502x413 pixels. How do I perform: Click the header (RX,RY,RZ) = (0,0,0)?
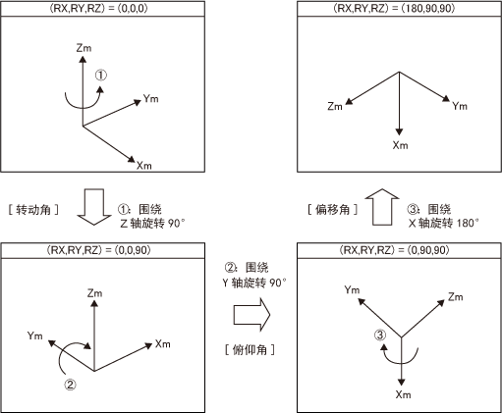click(98, 8)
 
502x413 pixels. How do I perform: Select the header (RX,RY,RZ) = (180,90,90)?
click(394, 8)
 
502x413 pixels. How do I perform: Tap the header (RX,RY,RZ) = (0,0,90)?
click(98, 250)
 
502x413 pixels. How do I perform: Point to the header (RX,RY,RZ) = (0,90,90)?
click(394, 250)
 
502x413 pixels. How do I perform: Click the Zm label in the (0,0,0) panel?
click(84, 48)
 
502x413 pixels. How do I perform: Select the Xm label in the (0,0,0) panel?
click(144, 166)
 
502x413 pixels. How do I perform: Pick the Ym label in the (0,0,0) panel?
click(151, 98)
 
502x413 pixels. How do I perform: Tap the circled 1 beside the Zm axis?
click(101, 76)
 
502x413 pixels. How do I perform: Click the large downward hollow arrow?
click(94, 207)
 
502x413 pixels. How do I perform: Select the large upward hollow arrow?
click(382, 207)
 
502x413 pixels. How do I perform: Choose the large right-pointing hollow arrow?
click(251, 315)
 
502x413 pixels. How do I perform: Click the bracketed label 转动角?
click(33, 210)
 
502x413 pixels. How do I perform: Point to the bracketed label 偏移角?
click(333, 210)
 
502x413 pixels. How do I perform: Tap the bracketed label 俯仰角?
click(250, 350)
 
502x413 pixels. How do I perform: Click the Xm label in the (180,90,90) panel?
click(401, 145)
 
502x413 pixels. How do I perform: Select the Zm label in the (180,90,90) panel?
click(335, 106)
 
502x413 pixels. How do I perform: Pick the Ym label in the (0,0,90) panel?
click(35, 336)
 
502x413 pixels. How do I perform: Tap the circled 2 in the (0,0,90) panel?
click(70, 385)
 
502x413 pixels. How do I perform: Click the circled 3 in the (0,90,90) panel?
click(380, 336)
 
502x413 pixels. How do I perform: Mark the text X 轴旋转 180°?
click(444, 224)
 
